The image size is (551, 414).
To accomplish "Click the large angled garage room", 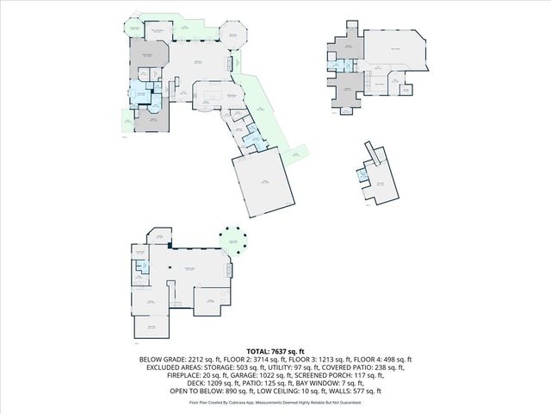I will [263, 185].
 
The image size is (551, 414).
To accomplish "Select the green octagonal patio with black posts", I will [232, 241].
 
